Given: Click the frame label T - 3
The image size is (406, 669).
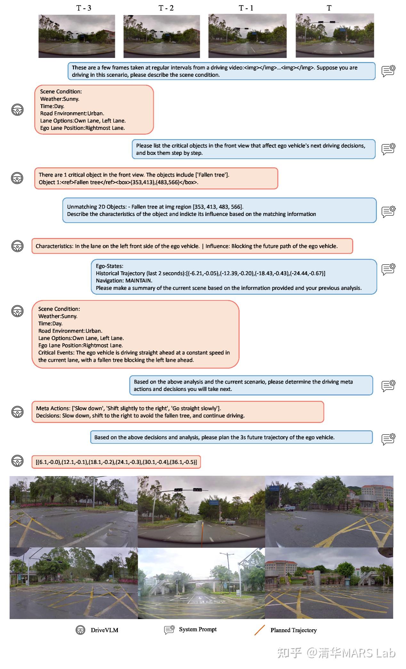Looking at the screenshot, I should point(84,8).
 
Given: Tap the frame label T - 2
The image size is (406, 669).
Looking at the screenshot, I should point(166,8).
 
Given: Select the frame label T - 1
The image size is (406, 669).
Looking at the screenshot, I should point(246,8).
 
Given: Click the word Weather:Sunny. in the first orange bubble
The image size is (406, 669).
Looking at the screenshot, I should point(60,99).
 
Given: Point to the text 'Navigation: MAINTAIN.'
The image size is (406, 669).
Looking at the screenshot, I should point(124,281).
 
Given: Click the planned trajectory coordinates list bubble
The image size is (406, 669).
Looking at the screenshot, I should point(116,462).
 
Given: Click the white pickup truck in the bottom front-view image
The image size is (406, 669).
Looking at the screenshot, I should point(229,522).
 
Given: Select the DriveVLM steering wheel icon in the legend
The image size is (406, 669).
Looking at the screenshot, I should point(80,630).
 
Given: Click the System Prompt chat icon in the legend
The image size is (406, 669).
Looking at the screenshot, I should point(169,630).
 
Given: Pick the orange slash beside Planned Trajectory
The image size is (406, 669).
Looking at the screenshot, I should point(260,630).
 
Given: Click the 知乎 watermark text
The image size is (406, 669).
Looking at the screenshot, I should point(289,653).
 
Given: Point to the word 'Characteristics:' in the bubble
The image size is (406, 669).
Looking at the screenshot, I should point(54,246).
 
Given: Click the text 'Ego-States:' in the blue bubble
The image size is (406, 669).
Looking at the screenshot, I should point(110,266).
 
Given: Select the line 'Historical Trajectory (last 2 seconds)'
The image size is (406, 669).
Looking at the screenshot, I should point(140,273).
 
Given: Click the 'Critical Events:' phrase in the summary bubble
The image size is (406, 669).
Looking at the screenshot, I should point(56,353).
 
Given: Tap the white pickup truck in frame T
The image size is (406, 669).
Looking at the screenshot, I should point(351,41).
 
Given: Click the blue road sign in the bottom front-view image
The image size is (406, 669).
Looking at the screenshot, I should point(214,502).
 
